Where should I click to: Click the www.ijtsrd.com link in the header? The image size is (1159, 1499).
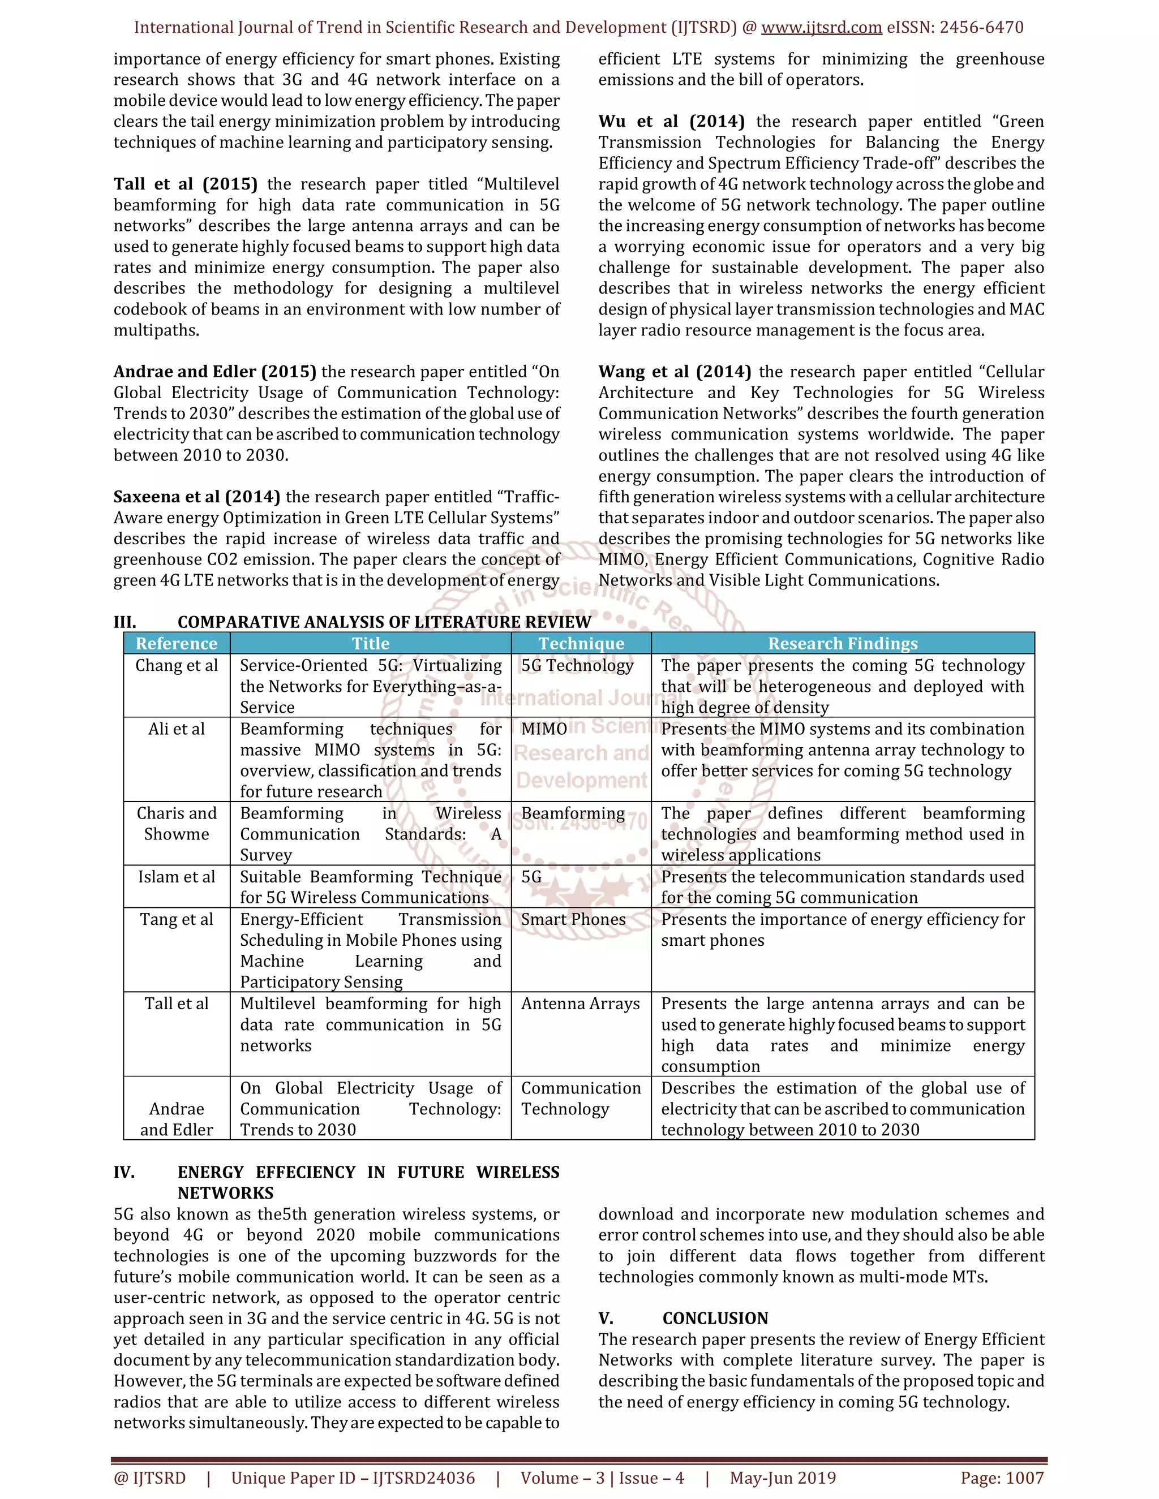[821, 28]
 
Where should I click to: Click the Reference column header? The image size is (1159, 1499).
[177, 643]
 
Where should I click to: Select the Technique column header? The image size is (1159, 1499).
[581, 643]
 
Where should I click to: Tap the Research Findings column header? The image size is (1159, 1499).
[843, 643]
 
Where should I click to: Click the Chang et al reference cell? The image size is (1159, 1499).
[177, 666]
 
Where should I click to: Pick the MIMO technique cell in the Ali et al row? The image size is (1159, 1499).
[544, 729]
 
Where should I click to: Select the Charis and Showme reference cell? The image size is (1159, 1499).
[177, 824]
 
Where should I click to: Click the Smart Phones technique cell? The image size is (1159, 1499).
[573, 920]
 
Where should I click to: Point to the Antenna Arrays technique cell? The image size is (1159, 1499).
[580, 1004]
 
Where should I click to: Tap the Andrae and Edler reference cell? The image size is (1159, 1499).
[177, 1119]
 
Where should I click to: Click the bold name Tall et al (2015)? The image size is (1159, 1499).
[186, 184]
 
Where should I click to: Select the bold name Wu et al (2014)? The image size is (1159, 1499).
[671, 122]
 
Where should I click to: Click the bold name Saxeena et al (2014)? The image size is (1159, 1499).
[196, 497]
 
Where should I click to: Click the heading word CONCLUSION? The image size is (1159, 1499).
[715, 1319]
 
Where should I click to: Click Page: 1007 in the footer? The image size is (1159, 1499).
[1002, 1478]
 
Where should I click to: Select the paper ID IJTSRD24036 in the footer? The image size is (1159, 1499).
[424, 1478]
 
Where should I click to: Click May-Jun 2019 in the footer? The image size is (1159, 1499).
[783, 1478]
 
